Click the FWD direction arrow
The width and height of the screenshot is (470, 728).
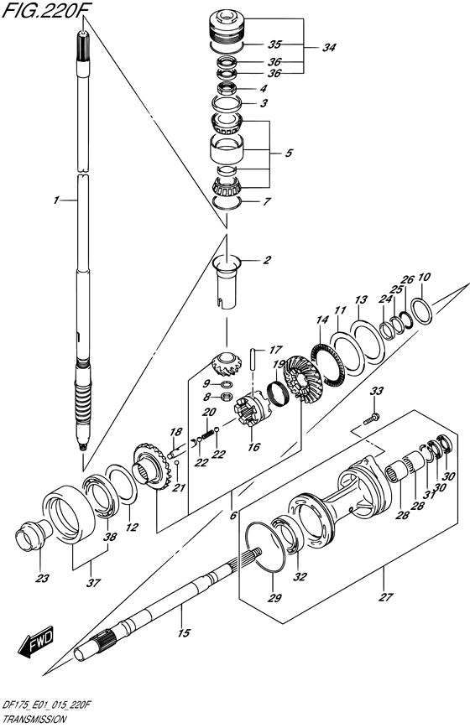click(x=37, y=643)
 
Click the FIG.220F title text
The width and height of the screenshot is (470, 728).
click(x=40, y=10)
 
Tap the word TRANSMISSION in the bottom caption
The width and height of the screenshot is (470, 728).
click(x=34, y=720)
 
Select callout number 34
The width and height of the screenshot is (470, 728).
click(x=329, y=47)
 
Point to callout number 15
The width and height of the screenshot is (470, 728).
click(x=184, y=632)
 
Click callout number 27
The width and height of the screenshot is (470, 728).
click(x=385, y=596)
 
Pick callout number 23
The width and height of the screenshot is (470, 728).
click(x=43, y=579)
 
